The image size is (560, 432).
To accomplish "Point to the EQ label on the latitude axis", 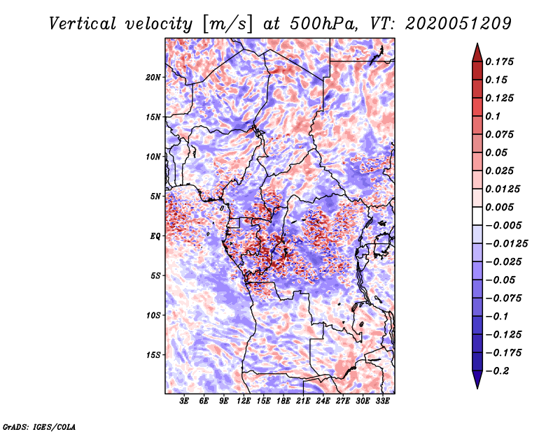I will pos(155,236).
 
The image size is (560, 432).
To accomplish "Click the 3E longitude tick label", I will pos(185,401).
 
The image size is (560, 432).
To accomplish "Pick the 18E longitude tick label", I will pos(283,401).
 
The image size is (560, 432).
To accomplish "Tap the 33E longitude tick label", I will pos(382,401).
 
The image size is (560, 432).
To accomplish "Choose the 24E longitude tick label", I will pos(323,401).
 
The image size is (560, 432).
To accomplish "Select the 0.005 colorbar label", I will pos(501,208).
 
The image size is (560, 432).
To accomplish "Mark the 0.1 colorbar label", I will pos(497,117).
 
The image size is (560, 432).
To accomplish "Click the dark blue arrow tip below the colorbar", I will pos(477,383).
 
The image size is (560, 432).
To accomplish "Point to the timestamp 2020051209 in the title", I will pos(449,24).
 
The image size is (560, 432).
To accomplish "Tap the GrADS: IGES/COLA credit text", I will pos(38,426).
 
